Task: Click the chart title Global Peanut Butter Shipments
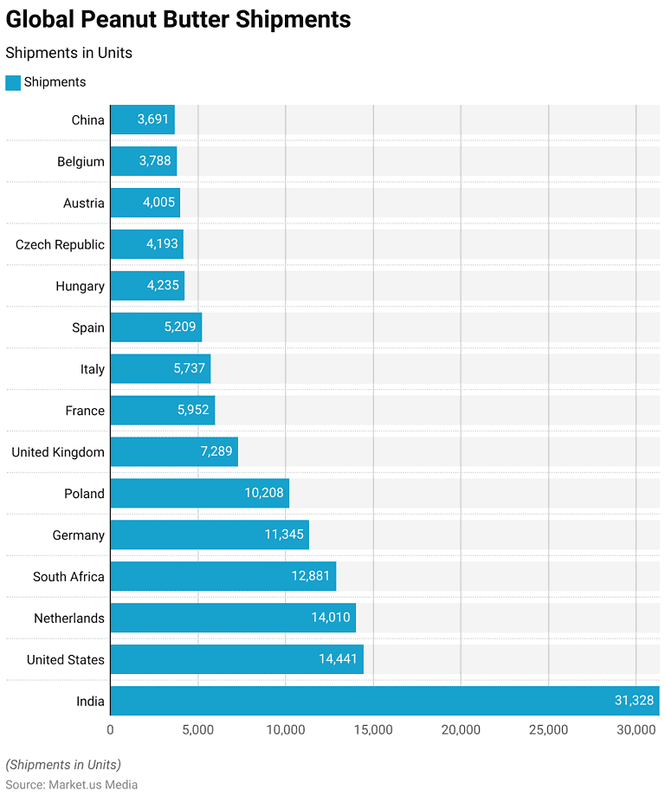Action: [178, 20]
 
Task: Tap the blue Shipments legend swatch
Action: [13, 82]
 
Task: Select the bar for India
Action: [384, 701]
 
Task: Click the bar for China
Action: [142, 120]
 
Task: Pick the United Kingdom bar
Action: [174, 451]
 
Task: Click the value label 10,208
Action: [264, 493]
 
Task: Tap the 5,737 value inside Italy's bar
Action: [189, 369]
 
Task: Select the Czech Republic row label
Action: [60, 244]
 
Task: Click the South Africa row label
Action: [68, 576]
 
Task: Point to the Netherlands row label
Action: [69, 618]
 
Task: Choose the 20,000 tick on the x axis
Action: [461, 730]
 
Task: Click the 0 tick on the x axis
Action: [110, 730]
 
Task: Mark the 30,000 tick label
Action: [636, 730]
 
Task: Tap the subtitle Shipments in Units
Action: [69, 53]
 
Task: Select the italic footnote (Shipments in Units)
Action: [63, 765]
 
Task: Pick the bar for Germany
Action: [210, 535]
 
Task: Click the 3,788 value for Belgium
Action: [154, 161]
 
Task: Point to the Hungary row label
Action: [80, 286]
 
